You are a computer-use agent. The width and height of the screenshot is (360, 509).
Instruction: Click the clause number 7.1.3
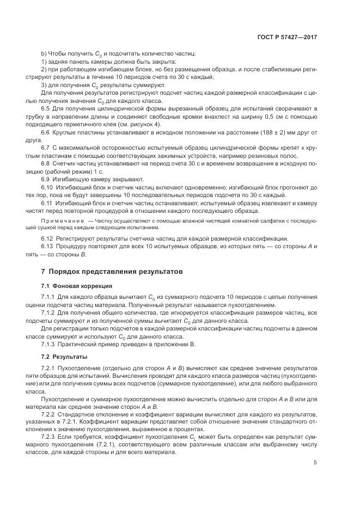coord(50,345)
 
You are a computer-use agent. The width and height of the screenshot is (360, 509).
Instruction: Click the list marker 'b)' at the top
coord(44,53)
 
